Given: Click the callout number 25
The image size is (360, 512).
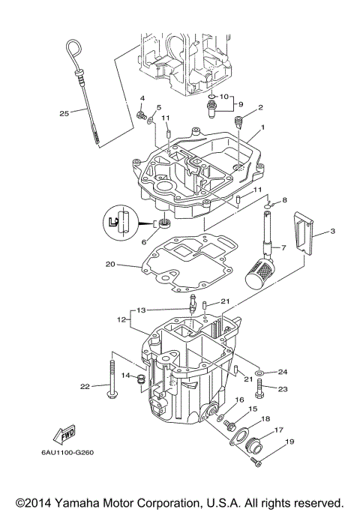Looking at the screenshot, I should click(x=64, y=113).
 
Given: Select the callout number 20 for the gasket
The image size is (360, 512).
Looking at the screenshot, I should click(x=110, y=264).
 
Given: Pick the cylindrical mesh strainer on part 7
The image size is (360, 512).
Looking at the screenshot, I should click(x=259, y=270).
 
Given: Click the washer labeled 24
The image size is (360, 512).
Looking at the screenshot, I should click(x=259, y=373).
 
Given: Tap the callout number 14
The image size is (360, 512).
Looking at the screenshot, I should click(x=127, y=375).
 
